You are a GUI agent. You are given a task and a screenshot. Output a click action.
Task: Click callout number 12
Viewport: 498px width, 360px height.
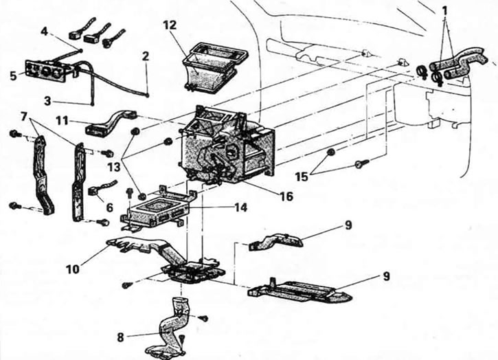(170, 25)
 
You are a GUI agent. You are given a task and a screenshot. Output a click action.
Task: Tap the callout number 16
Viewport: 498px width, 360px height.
(285, 196)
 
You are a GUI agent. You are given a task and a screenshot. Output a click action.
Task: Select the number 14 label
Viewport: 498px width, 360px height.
(240, 207)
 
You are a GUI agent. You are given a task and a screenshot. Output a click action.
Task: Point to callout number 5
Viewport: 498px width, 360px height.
(12, 76)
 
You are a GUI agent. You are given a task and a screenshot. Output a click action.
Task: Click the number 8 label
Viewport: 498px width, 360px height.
(120, 337)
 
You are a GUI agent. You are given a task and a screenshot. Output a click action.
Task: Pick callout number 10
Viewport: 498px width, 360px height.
(73, 269)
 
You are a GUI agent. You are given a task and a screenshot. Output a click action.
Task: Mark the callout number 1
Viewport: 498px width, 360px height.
(444, 10)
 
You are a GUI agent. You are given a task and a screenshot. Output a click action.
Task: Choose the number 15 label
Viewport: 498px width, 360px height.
(302, 177)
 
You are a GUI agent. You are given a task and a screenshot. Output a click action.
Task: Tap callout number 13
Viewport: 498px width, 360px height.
(113, 166)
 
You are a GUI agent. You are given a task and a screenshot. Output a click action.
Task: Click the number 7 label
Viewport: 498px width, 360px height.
(23, 116)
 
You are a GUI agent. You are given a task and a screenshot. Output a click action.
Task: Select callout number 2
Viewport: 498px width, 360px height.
(145, 56)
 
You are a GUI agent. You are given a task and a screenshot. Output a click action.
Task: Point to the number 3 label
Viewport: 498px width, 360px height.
(47, 101)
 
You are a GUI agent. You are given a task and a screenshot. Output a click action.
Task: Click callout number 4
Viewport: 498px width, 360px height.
(44, 32)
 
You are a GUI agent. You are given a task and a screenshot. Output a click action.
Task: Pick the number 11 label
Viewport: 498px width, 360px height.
(62, 121)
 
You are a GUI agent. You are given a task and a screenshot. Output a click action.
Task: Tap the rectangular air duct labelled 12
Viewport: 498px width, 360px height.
(211, 68)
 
